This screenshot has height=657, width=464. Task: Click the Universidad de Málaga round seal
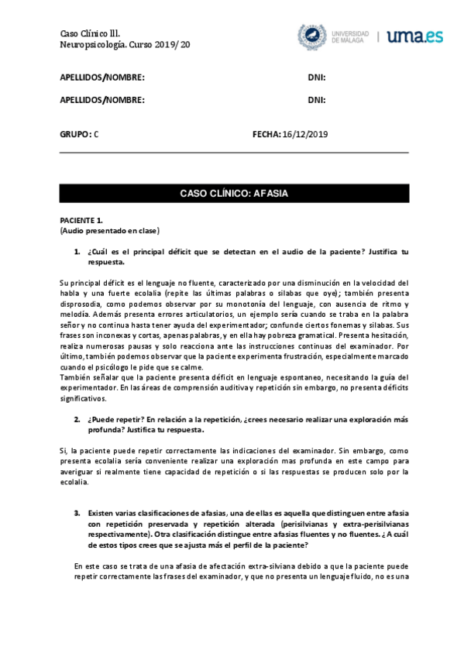click(x=313, y=36)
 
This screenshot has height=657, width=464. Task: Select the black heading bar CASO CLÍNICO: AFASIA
click(x=233, y=192)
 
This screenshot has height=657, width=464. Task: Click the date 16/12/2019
click(x=306, y=134)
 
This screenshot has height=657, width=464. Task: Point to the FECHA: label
click(x=266, y=134)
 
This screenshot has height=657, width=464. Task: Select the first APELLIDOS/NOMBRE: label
click(x=102, y=77)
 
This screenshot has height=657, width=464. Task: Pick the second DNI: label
click(x=316, y=99)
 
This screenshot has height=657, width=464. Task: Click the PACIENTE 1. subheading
click(x=81, y=221)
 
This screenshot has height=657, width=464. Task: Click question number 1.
click(x=77, y=252)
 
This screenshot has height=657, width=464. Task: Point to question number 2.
click(x=77, y=419)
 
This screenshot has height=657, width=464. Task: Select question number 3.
click(x=77, y=514)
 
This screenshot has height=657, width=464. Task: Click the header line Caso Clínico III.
click(x=91, y=33)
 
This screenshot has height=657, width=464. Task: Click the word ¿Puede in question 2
click(x=101, y=419)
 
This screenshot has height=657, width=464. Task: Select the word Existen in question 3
click(x=102, y=514)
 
